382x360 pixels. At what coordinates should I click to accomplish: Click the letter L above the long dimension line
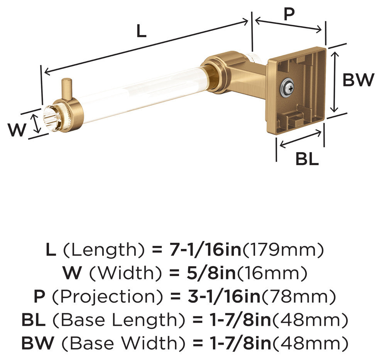pos(141,31)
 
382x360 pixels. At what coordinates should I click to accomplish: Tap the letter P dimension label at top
pos(289,14)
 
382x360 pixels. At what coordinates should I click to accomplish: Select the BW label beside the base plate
pos(358,80)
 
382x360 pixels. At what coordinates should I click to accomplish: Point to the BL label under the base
pos(307,159)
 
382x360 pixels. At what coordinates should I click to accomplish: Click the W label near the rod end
pos(17,130)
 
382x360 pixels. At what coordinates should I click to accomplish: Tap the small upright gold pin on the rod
pos(66,89)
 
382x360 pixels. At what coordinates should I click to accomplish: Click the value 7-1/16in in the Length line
pos(206,249)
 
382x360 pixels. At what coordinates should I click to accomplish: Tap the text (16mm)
pos(272,273)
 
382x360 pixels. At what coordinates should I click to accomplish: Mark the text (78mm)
pos(298,296)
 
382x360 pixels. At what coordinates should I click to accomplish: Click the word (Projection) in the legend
pos(108,296)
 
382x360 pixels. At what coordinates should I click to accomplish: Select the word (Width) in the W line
pos(125,273)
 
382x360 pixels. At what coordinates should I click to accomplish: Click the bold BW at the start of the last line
pos(37,343)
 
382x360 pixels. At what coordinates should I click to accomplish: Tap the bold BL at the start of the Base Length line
pos(33,320)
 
